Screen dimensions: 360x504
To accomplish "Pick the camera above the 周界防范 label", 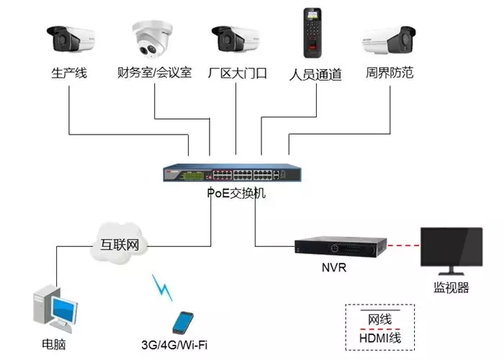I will (x=390, y=40).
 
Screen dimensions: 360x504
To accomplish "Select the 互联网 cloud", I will (x=119, y=243).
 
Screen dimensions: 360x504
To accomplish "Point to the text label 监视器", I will (x=451, y=288).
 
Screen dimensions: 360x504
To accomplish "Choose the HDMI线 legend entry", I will (x=380, y=338).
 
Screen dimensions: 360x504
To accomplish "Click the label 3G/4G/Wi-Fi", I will (x=179, y=344).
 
